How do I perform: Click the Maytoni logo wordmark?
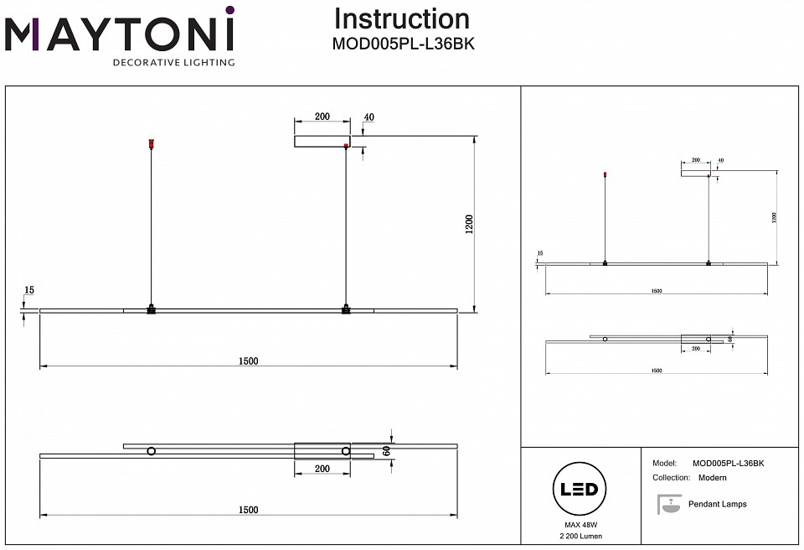coord(120,35)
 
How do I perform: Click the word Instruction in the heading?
coord(401,19)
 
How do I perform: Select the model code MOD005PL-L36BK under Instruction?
coord(404,45)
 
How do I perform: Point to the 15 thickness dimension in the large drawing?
coord(29,290)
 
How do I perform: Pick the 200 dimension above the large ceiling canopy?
coord(322,118)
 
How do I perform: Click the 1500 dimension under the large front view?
coord(248,361)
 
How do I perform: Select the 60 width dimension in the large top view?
coord(387,449)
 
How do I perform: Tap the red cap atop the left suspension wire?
coord(151,144)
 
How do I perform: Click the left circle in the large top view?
coord(151,452)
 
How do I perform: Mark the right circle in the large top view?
coord(346,452)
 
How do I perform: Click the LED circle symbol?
coord(578,489)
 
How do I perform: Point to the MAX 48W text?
coord(579,524)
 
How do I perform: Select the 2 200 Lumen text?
coord(579,536)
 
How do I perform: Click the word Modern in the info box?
coord(712,478)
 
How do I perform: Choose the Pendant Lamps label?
coord(717,505)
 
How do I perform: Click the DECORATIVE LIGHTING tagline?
coord(173,63)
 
